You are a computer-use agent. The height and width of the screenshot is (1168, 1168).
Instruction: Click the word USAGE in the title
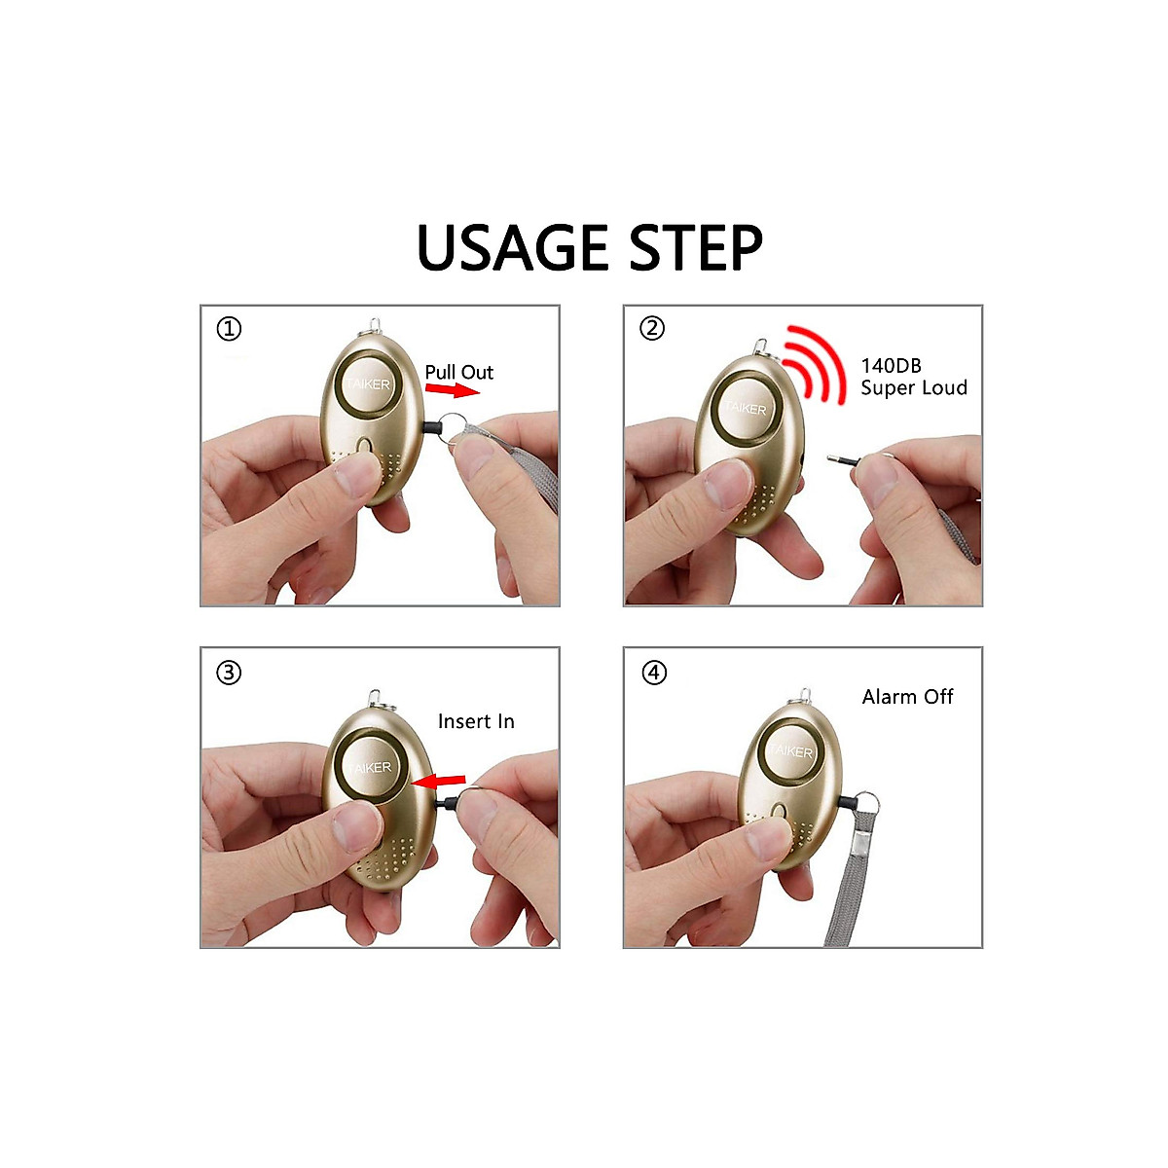click(514, 248)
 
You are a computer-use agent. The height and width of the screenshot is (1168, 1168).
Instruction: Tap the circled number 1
click(229, 329)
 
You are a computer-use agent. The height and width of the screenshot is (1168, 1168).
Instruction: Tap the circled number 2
click(652, 328)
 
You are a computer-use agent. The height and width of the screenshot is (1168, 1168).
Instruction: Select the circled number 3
click(229, 673)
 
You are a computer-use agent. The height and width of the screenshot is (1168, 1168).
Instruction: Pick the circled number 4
click(655, 673)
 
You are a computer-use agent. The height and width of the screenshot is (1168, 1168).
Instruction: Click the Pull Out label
click(458, 372)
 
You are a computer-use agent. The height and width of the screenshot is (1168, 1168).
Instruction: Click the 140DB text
click(891, 366)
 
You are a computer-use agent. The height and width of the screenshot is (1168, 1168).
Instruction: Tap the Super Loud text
click(914, 388)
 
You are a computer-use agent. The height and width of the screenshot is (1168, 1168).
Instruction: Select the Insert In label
click(476, 721)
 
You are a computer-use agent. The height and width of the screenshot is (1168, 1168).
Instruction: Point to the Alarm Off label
click(907, 697)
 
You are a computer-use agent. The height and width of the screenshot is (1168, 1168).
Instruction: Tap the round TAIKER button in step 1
click(365, 385)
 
